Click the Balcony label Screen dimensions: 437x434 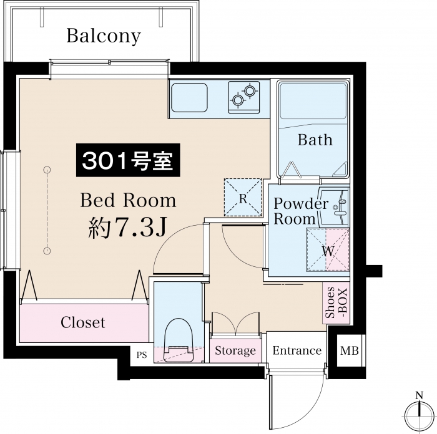click(104, 36)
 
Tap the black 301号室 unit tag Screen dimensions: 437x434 click(128, 160)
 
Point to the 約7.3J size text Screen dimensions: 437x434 click(127, 227)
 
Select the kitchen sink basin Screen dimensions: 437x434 click(189, 97)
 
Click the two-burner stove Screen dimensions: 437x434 click(243, 97)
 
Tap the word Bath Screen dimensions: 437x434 click(315, 140)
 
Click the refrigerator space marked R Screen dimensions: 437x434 click(243, 198)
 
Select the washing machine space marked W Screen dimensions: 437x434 click(328, 249)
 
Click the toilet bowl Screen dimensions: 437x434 click(179, 340)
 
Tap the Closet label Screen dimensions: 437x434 click(83, 322)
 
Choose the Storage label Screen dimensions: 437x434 click(235, 350)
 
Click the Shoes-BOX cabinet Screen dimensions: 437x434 click(336, 303)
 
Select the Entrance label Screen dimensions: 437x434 click(297, 350)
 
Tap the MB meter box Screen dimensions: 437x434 click(349, 350)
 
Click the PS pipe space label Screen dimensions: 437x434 click(142, 355)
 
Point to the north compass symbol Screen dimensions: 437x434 click(419, 415)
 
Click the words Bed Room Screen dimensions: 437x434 click(128, 200)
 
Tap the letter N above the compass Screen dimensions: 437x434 click(419, 395)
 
